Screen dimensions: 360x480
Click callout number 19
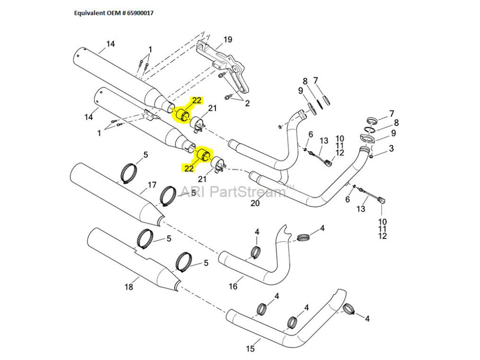[x=228, y=39]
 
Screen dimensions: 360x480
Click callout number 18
[x=128, y=287]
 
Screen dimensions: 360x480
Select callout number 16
[x=233, y=287]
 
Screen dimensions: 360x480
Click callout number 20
[x=255, y=203]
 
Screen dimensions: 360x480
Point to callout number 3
[x=392, y=149]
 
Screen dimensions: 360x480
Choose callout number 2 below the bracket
[x=248, y=103]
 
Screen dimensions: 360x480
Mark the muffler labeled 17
[x=115, y=192]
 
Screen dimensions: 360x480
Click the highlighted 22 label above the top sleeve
[x=197, y=100]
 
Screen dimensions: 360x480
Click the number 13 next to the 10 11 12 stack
[x=324, y=140]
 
